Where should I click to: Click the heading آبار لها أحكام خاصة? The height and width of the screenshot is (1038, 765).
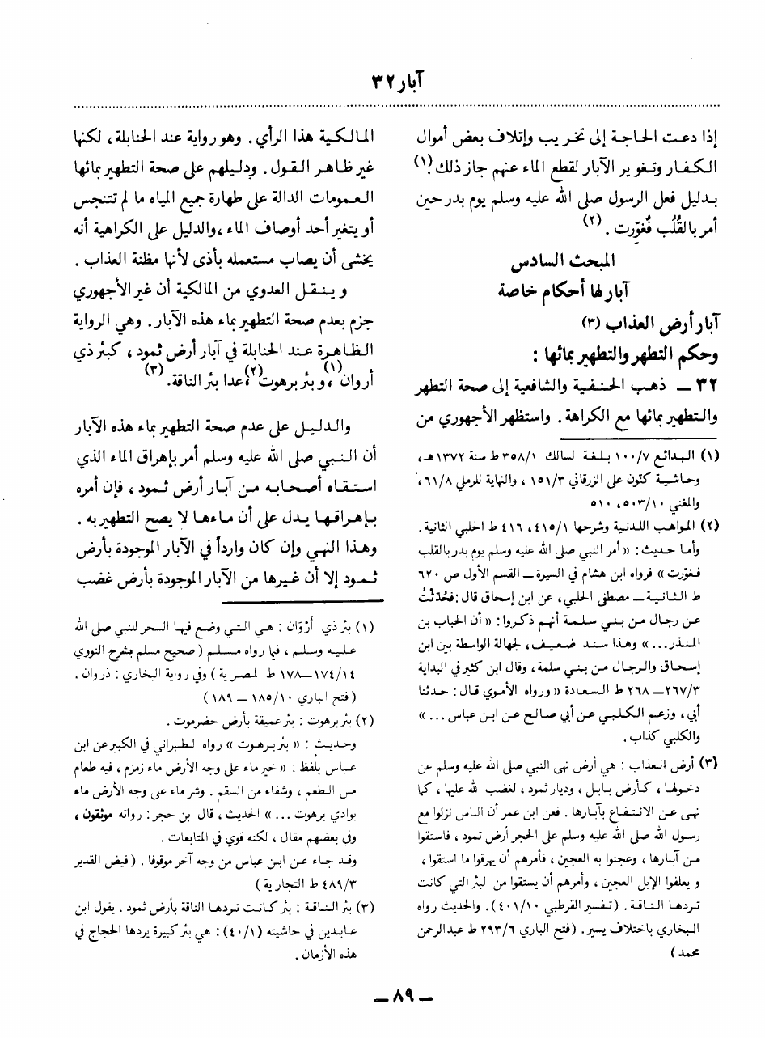tap(563, 292)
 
